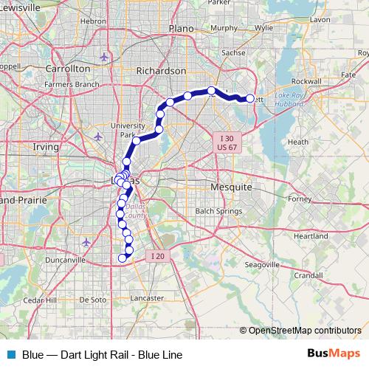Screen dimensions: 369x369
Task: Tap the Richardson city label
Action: click(x=162, y=71)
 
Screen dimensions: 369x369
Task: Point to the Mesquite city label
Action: click(x=232, y=187)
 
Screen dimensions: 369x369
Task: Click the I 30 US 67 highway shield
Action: click(x=227, y=141)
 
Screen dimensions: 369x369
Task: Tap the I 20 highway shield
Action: click(x=156, y=256)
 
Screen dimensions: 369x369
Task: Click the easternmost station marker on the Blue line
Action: click(x=249, y=98)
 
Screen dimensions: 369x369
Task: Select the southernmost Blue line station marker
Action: click(x=123, y=258)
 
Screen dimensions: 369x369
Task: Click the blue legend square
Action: click(x=11, y=354)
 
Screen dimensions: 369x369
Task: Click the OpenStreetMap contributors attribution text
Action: click(x=304, y=331)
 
